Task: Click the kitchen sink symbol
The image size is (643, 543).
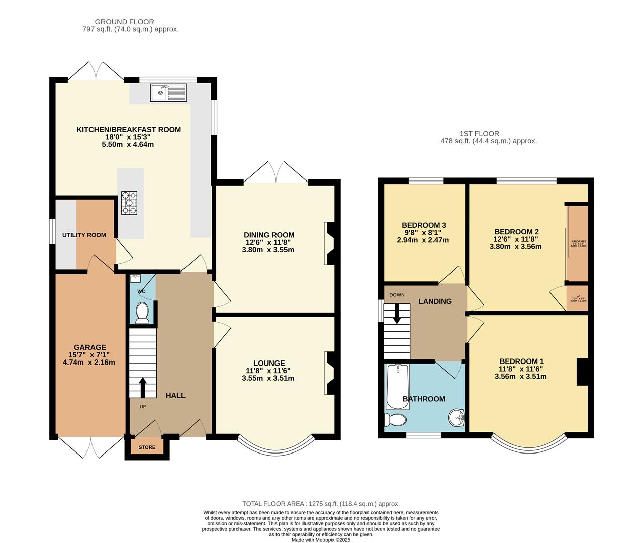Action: point(168,93)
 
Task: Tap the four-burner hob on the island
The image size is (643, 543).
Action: point(129,203)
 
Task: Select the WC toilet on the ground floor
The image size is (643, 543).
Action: point(142,313)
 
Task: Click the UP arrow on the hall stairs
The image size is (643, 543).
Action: point(142,388)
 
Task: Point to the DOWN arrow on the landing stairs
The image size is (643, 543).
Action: point(397,314)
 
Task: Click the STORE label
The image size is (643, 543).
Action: point(147,447)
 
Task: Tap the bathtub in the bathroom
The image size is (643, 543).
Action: point(398,386)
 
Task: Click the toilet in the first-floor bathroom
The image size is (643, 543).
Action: point(396,420)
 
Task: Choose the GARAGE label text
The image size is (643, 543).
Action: point(90,347)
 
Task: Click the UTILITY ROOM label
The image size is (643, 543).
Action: point(84,235)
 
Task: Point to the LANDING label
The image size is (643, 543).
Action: point(435,301)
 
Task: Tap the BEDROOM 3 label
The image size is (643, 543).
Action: point(424,225)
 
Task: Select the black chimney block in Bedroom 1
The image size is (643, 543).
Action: point(582,372)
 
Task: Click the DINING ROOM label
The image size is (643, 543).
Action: point(269,235)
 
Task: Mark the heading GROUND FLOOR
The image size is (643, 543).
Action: point(124,22)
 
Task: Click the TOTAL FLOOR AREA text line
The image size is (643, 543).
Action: point(321,504)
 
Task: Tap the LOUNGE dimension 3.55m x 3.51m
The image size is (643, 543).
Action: point(268,378)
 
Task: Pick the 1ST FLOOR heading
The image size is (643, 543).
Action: point(479,134)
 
